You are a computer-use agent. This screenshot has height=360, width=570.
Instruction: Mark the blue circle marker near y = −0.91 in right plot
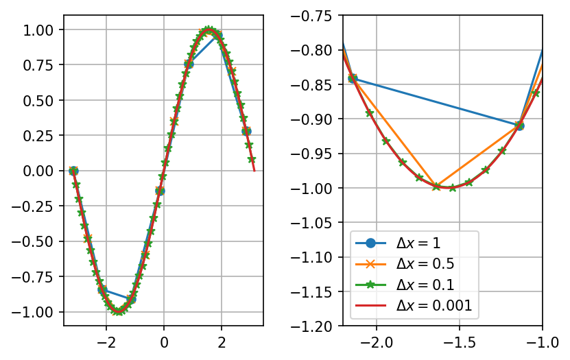coord(520,125)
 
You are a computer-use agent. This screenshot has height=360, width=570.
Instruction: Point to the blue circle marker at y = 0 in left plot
coord(73,171)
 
